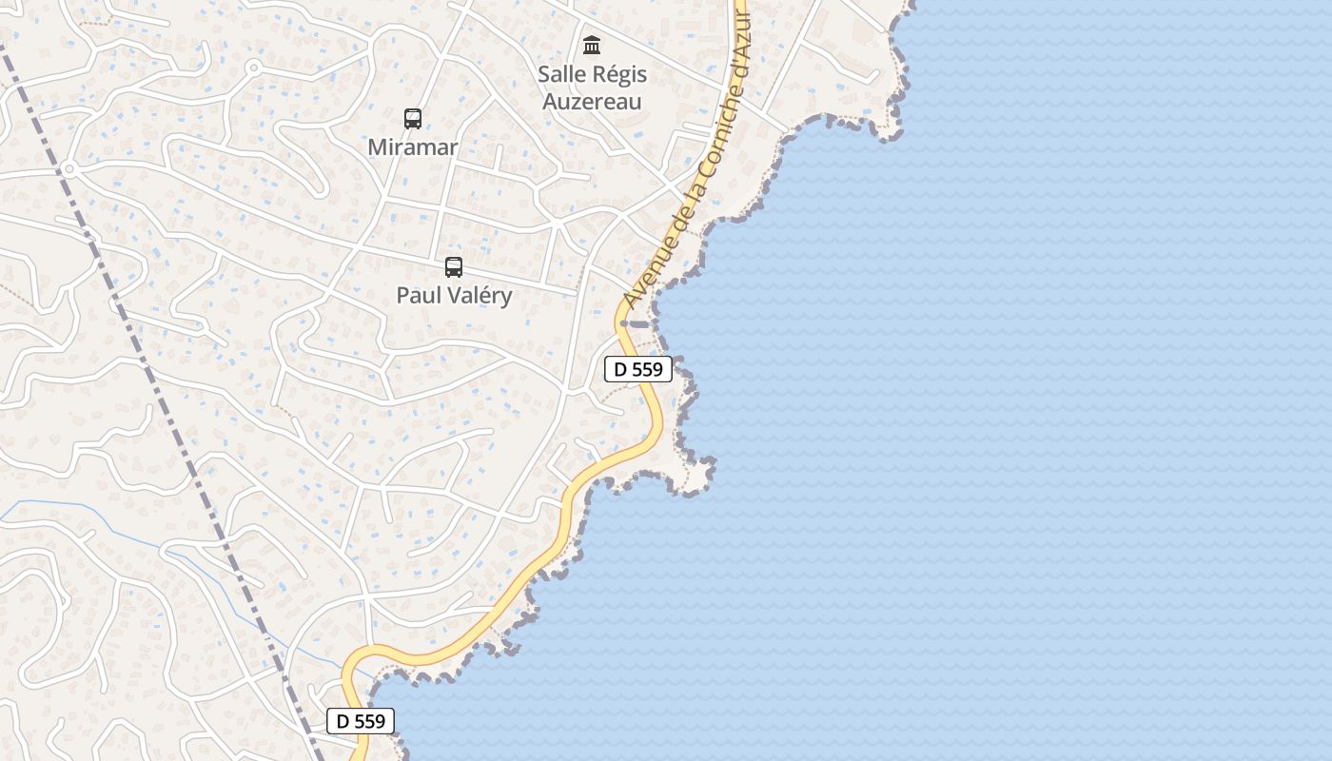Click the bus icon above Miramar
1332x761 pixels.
tap(412, 119)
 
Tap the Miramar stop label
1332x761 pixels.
tap(412, 147)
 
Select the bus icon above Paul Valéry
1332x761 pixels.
tap(454, 267)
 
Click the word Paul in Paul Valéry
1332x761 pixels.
tap(417, 295)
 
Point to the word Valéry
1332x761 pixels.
tap(479, 295)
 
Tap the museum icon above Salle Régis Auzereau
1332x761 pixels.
tap(592, 45)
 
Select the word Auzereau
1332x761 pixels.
tap(592, 101)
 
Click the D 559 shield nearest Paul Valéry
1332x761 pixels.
tap(638, 369)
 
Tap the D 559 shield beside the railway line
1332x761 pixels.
tap(360, 721)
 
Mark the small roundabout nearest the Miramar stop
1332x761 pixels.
tap(254, 68)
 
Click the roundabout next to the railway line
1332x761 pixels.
tap(69, 170)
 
